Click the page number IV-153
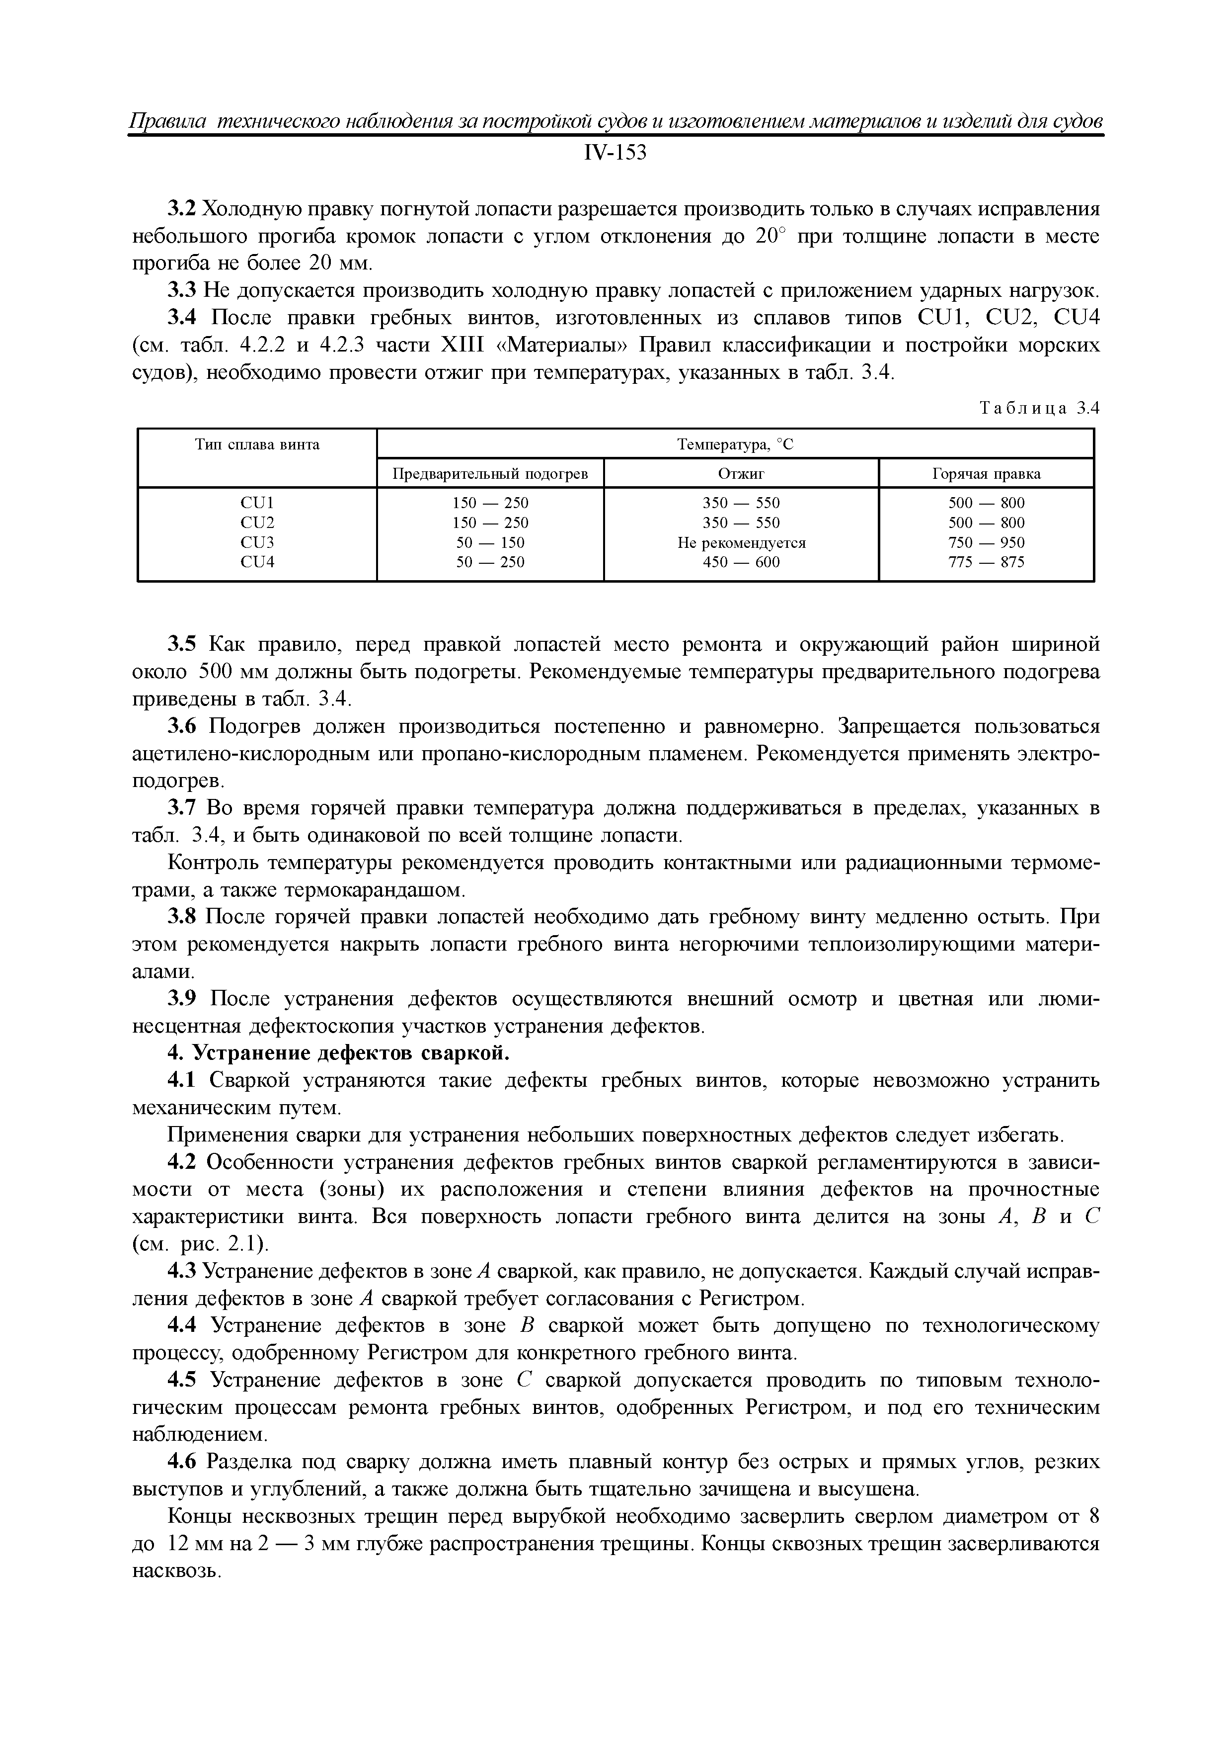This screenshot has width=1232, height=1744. point(615,154)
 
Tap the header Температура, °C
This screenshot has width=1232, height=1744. point(734,444)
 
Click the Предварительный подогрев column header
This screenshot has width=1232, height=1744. point(490,474)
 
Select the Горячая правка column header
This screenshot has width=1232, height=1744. point(985,474)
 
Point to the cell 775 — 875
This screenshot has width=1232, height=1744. point(985,563)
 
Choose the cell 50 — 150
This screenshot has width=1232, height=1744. point(490,543)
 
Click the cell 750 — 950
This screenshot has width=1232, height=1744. point(985,543)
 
